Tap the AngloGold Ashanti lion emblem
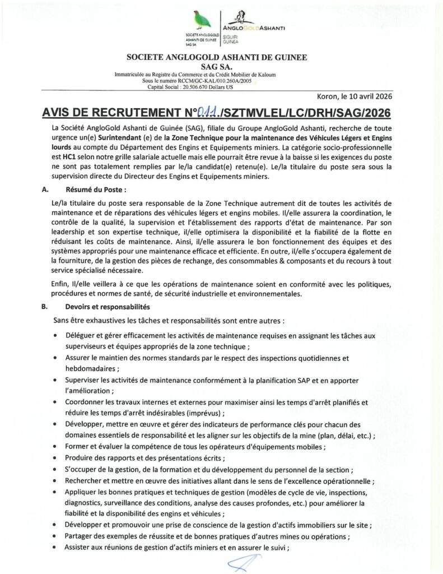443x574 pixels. (243, 16)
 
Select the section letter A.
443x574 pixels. (44, 189)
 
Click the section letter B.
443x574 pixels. (44, 307)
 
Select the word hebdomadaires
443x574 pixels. (90, 369)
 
